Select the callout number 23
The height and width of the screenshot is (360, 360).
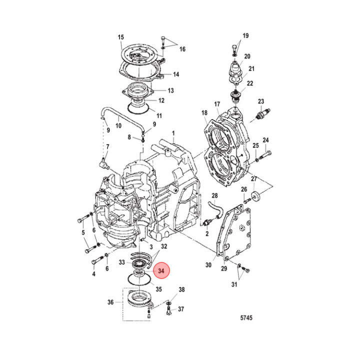pos(260,101)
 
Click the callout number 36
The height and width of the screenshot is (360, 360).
pos(110,302)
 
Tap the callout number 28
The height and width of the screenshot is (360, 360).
pos(214,195)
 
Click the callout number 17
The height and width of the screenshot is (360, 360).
pos(217,104)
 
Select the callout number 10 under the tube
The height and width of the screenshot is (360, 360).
pos(118,126)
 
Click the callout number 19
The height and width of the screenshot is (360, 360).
pos(245,35)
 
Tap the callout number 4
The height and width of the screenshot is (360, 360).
pos(93,274)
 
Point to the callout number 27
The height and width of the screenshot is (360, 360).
pos(253,178)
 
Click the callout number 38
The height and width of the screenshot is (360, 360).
pos(181,290)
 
